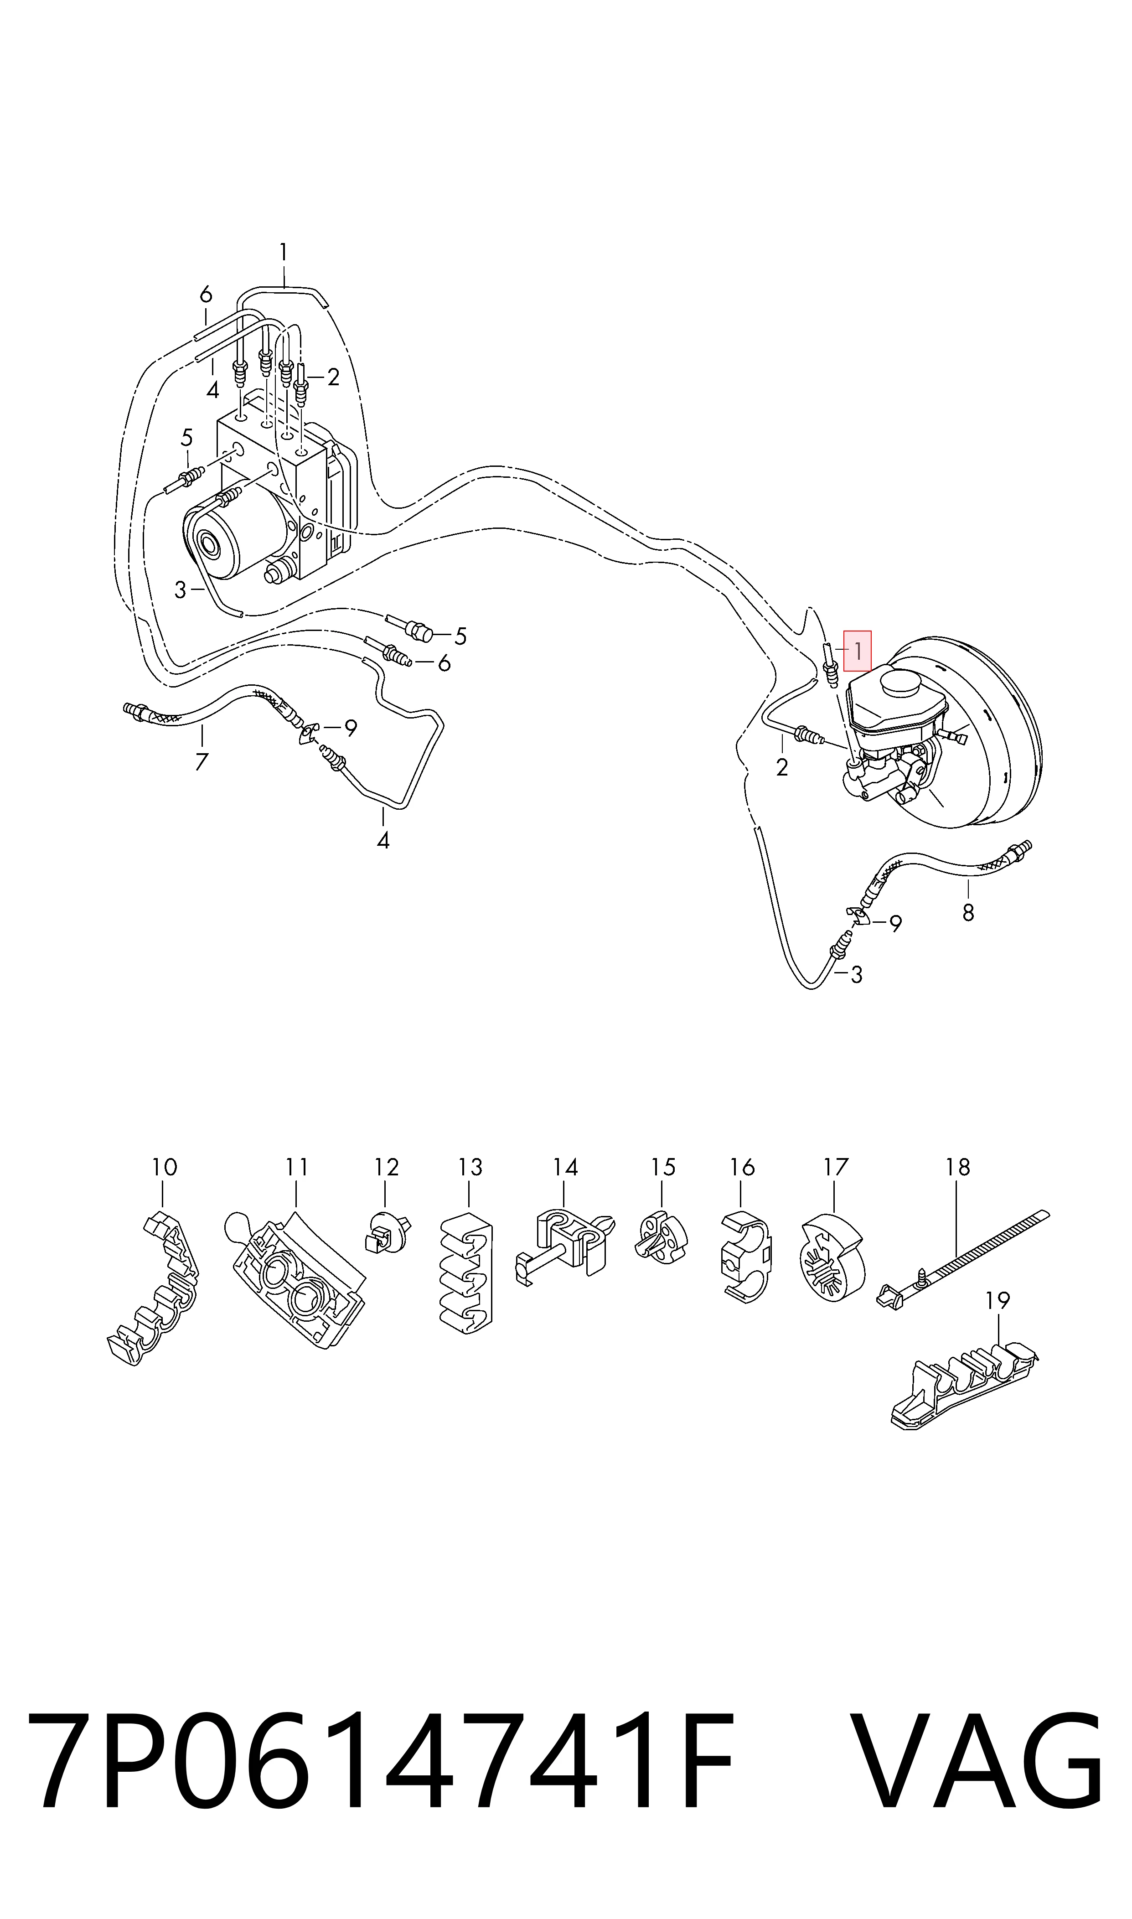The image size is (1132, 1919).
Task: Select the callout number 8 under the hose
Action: click(x=968, y=912)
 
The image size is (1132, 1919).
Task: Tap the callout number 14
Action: click(x=565, y=1168)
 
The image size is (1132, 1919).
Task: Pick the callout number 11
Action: click(x=297, y=1168)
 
